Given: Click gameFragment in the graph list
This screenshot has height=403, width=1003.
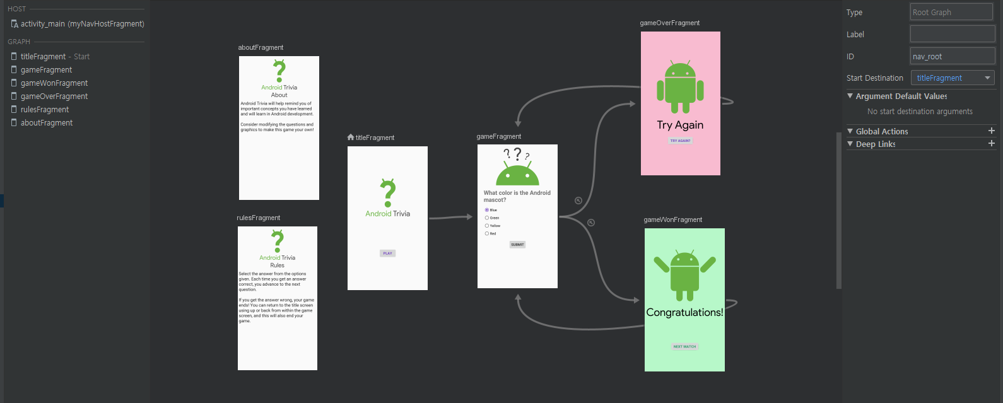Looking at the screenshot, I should (x=46, y=70).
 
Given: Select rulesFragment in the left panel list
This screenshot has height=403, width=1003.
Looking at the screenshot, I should (x=45, y=110).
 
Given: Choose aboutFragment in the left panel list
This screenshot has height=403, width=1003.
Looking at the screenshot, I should (x=47, y=123).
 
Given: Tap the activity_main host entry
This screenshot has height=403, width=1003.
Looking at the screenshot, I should (x=82, y=24).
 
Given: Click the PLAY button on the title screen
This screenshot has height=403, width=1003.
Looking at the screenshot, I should (x=387, y=254).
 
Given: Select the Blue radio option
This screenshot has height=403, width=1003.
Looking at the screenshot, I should (x=487, y=210).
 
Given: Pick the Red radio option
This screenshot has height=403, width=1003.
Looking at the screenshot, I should (x=487, y=233).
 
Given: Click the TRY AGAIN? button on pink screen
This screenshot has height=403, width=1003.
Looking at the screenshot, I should (x=680, y=141).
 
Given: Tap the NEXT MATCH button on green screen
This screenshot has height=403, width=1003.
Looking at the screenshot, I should (x=684, y=346).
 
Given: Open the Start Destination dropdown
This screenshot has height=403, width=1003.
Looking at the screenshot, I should (x=953, y=78).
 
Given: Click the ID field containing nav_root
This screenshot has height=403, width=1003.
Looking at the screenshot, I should (x=952, y=56).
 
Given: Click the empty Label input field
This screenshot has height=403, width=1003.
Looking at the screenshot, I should (x=952, y=34).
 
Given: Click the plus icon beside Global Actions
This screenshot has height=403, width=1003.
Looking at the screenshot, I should (x=992, y=131).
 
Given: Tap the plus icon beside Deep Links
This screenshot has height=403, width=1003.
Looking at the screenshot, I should (x=992, y=144).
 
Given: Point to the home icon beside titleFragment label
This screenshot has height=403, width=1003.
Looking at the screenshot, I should (x=351, y=137).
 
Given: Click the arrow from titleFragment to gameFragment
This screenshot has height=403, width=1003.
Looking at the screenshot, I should (x=451, y=218).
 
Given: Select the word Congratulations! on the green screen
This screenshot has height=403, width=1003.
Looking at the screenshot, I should (x=684, y=312).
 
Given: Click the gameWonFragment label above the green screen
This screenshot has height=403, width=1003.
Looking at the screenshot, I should (x=672, y=220).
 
